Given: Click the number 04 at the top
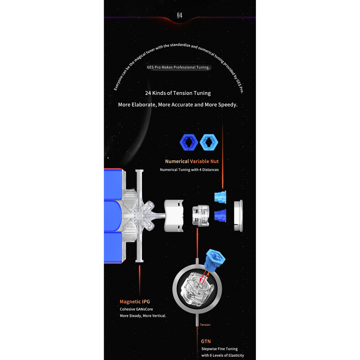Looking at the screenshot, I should [x=180, y=15].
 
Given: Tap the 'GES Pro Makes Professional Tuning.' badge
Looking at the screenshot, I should [x=178, y=67].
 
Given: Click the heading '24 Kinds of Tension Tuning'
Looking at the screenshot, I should [x=178, y=93].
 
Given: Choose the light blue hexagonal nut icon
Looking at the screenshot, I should [x=208, y=142].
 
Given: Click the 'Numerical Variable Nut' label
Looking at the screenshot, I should [x=192, y=161].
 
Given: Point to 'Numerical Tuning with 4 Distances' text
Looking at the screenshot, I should [x=189, y=170].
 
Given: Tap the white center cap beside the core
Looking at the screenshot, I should [x=174, y=216].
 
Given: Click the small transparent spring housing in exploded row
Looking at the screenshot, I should [x=201, y=216].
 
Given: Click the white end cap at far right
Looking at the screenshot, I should [x=238, y=215].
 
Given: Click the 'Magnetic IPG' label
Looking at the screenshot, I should [x=135, y=302].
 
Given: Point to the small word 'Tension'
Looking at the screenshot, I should [x=205, y=325].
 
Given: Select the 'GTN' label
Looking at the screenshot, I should [x=206, y=341].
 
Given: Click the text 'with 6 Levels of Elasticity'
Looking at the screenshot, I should [x=223, y=355].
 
